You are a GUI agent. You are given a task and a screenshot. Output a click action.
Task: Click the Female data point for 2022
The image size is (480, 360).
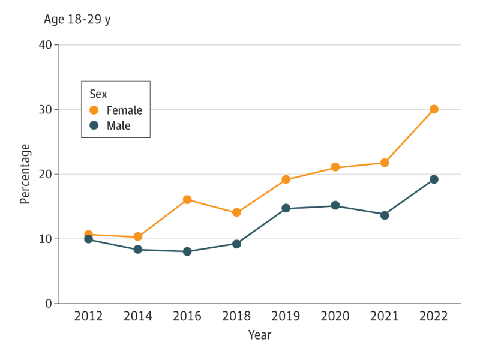coord(434,109)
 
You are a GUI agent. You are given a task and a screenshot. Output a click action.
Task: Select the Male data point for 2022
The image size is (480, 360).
coord(434,179)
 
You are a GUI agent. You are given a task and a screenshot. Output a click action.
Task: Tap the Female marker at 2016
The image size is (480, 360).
coord(187,200)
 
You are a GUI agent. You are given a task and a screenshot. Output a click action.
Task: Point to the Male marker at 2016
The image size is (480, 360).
coord(187,251)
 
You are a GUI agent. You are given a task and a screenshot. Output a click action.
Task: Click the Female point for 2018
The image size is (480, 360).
coord(236,212)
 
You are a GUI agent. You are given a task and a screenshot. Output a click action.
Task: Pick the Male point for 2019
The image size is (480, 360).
coord(286,208)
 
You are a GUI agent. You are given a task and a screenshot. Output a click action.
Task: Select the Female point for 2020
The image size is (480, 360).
coord(335,167)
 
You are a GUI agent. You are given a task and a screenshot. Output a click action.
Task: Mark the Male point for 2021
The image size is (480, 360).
coord(385,215)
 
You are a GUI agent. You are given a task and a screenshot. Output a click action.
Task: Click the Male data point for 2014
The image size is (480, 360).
coord(137,249)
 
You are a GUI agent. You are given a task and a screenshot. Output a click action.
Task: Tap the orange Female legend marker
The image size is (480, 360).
coord(94,110)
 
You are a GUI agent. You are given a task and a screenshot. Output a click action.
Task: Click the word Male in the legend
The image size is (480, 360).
coord(119,126)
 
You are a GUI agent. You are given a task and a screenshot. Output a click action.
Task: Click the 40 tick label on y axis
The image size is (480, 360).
coord(45,45)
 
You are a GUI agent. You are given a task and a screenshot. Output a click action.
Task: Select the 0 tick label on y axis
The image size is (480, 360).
coord(48,304)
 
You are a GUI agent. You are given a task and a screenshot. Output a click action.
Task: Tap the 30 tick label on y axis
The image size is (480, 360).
coord(45,110)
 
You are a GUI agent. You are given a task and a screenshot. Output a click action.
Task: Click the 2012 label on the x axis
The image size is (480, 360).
coord(88,317)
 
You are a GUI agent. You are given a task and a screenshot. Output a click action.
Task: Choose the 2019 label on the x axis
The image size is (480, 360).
coord(286,317)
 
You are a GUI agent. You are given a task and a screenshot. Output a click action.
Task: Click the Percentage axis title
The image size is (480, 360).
coord(25,174)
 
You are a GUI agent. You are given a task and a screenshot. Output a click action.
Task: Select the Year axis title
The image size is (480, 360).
coord(260,335)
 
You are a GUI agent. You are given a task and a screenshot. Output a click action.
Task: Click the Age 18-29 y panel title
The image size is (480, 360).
coord(77,19)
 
